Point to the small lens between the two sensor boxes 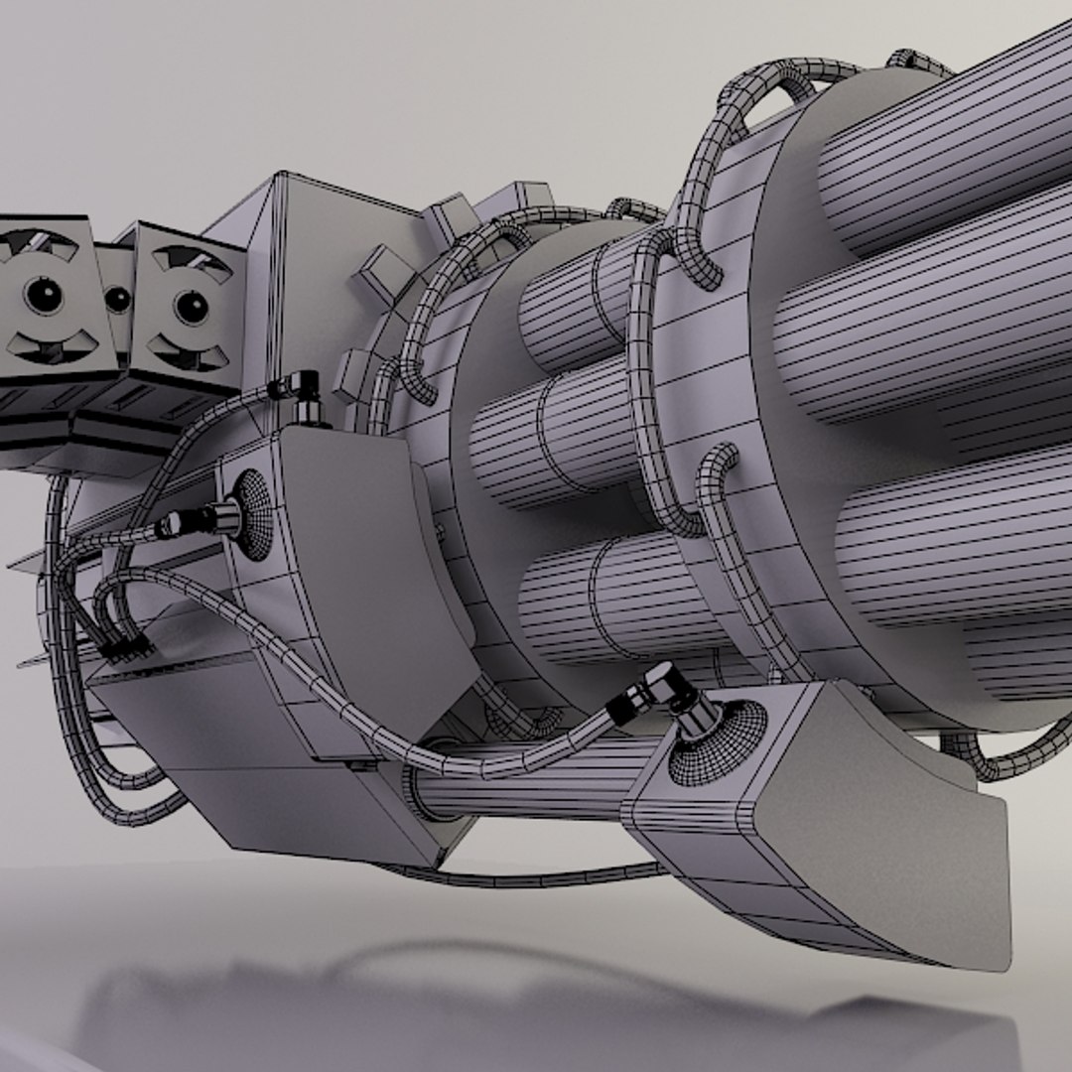[118, 299]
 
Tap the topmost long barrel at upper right [943, 139]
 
